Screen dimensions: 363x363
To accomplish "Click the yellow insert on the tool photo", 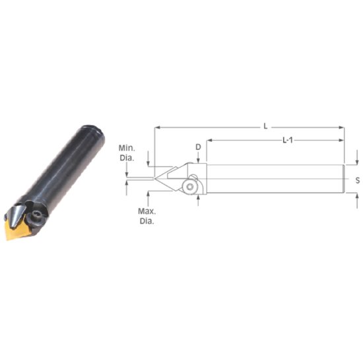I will click(20, 228).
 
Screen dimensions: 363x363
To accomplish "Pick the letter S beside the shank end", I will click(356, 180).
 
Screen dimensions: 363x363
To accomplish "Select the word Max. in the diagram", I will click(146, 212).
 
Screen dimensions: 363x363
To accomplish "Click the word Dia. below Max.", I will click(146, 222).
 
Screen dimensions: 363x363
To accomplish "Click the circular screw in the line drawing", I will click(191, 187).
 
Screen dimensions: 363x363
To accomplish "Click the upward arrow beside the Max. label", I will click(149, 195).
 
